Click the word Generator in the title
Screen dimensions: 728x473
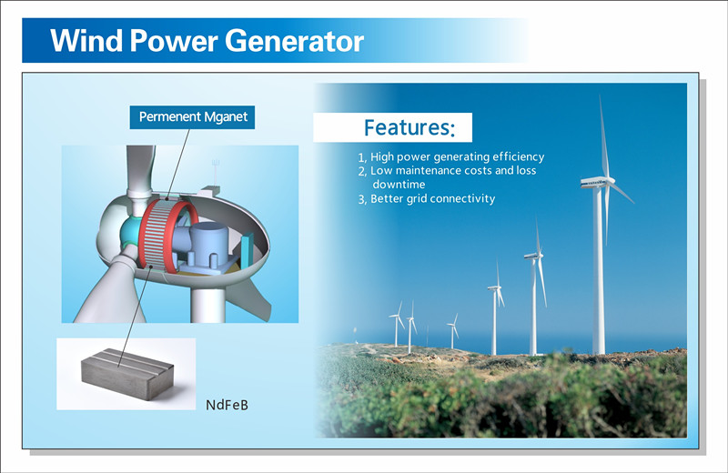point(294,41)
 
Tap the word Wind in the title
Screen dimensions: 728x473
point(86,40)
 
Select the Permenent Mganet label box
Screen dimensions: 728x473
point(192,117)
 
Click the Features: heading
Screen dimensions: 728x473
point(409,127)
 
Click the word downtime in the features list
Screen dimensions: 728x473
point(399,185)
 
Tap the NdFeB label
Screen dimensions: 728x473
point(227,405)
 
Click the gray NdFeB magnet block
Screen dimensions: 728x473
point(127,374)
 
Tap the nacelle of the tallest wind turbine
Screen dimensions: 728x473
point(597,182)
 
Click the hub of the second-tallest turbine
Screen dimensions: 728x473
point(538,255)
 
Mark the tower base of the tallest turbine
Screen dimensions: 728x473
point(599,350)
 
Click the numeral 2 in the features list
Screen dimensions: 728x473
point(361,171)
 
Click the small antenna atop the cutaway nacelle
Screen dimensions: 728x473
point(216,173)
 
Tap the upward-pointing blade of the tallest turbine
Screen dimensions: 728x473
point(603,136)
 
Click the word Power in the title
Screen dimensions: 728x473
point(174,40)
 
